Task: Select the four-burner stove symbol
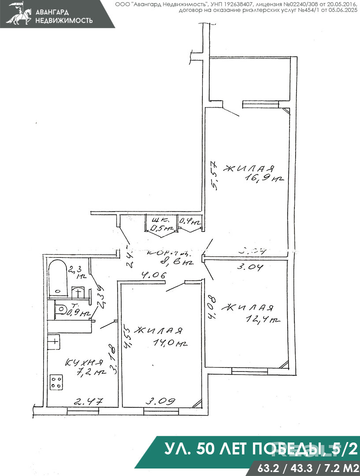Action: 56,381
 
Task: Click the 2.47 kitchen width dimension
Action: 88,401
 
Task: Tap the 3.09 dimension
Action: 161,401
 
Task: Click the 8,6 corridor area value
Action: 183,263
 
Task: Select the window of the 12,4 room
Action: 249,371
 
